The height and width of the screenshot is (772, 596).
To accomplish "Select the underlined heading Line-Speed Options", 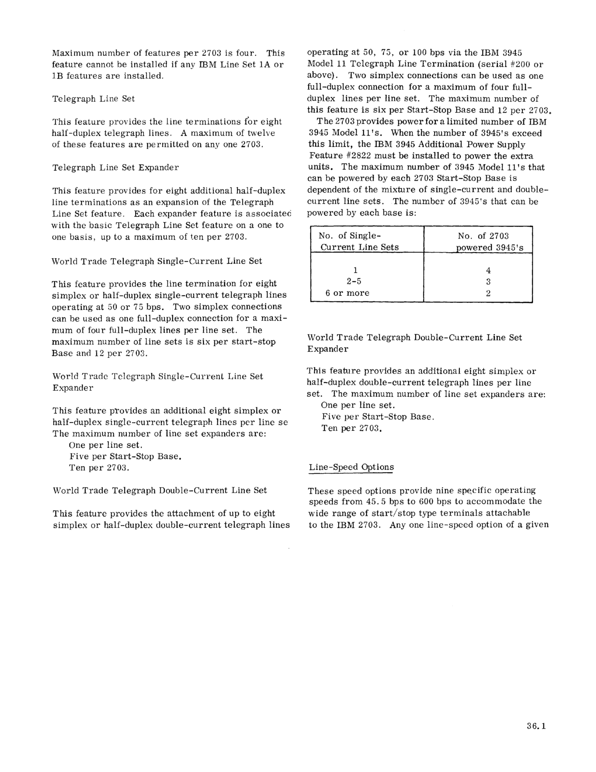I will click(351, 467).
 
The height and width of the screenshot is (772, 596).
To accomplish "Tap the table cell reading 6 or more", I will click(347, 293).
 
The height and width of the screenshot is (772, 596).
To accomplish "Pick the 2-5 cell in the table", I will click(354, 282).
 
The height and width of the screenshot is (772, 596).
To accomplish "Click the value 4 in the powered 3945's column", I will click(488, 270).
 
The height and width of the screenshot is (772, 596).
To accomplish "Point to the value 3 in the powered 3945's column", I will click(488, 282).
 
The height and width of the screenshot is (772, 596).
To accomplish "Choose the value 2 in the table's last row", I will click(488, 294).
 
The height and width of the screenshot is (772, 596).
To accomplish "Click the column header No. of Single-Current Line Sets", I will click(359, 241).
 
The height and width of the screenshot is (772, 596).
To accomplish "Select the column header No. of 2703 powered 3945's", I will click(487, 242).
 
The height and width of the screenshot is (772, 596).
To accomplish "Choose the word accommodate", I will click(496, 502).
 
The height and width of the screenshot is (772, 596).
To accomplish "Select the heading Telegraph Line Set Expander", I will click(116, 168).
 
